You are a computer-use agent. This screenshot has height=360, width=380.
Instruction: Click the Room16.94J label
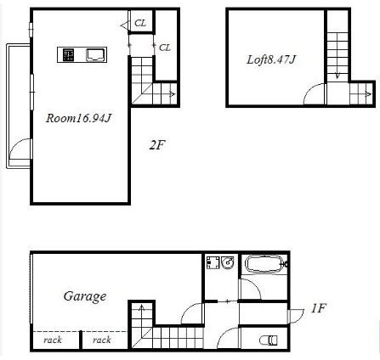[x=78, y=118]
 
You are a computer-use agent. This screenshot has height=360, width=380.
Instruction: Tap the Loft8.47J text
[x=271, y=59]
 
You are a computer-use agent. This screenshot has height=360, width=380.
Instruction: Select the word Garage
[x=85, y=297]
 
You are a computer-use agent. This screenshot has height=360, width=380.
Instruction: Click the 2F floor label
[x=157, y=145]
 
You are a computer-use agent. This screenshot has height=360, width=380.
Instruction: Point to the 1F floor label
[x=319, y=308]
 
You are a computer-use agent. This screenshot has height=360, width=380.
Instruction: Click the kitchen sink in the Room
[x=95, y=55]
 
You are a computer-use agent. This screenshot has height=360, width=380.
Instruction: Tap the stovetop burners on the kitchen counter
[x=68, y=55]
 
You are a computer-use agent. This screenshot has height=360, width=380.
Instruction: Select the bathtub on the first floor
[x=265, y=264]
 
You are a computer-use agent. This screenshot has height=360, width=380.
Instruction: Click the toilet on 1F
[x=269, y=340]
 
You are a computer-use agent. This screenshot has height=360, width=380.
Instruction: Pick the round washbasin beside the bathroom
[x=228, y=262]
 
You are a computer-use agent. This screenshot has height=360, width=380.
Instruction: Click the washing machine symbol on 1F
[x=213, y=262]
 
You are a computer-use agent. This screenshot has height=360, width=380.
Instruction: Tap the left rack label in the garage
[x=53, y=340]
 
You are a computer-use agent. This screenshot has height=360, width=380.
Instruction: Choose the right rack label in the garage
[x=101, y=340]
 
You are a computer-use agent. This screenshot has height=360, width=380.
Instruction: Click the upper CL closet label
[x=140, y=23]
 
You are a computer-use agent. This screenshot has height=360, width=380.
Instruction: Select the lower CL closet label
[x=165, y=48]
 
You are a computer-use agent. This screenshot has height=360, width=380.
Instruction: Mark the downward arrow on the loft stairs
[x=337, y=76]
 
